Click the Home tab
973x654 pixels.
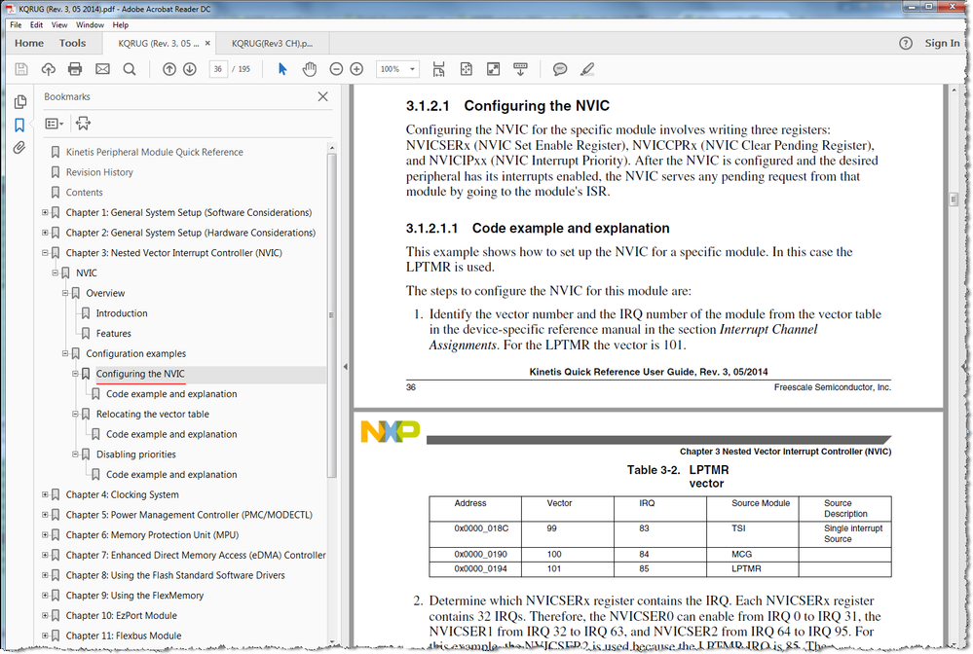pos(29,43)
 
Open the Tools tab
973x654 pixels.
pos(72,43)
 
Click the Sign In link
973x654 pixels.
pos(941,43)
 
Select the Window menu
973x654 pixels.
pos(91,24)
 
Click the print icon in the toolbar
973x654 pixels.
pos(75,69)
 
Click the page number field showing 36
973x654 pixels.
pos(219,69)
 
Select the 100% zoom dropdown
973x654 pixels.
pos(397,69)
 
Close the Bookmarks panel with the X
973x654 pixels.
pos(323,96)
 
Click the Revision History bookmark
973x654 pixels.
pos(99,172)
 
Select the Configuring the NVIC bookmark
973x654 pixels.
pos(139,374)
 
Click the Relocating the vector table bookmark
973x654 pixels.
pos(152,414)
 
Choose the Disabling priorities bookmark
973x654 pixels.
pos(135,454)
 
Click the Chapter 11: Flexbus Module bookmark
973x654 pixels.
pos(123,636)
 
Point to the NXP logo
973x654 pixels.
pos(390,431)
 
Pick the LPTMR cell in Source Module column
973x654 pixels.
pos(745,568)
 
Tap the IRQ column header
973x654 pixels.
pos(647,503)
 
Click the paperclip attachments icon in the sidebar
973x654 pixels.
pos(19,148)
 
